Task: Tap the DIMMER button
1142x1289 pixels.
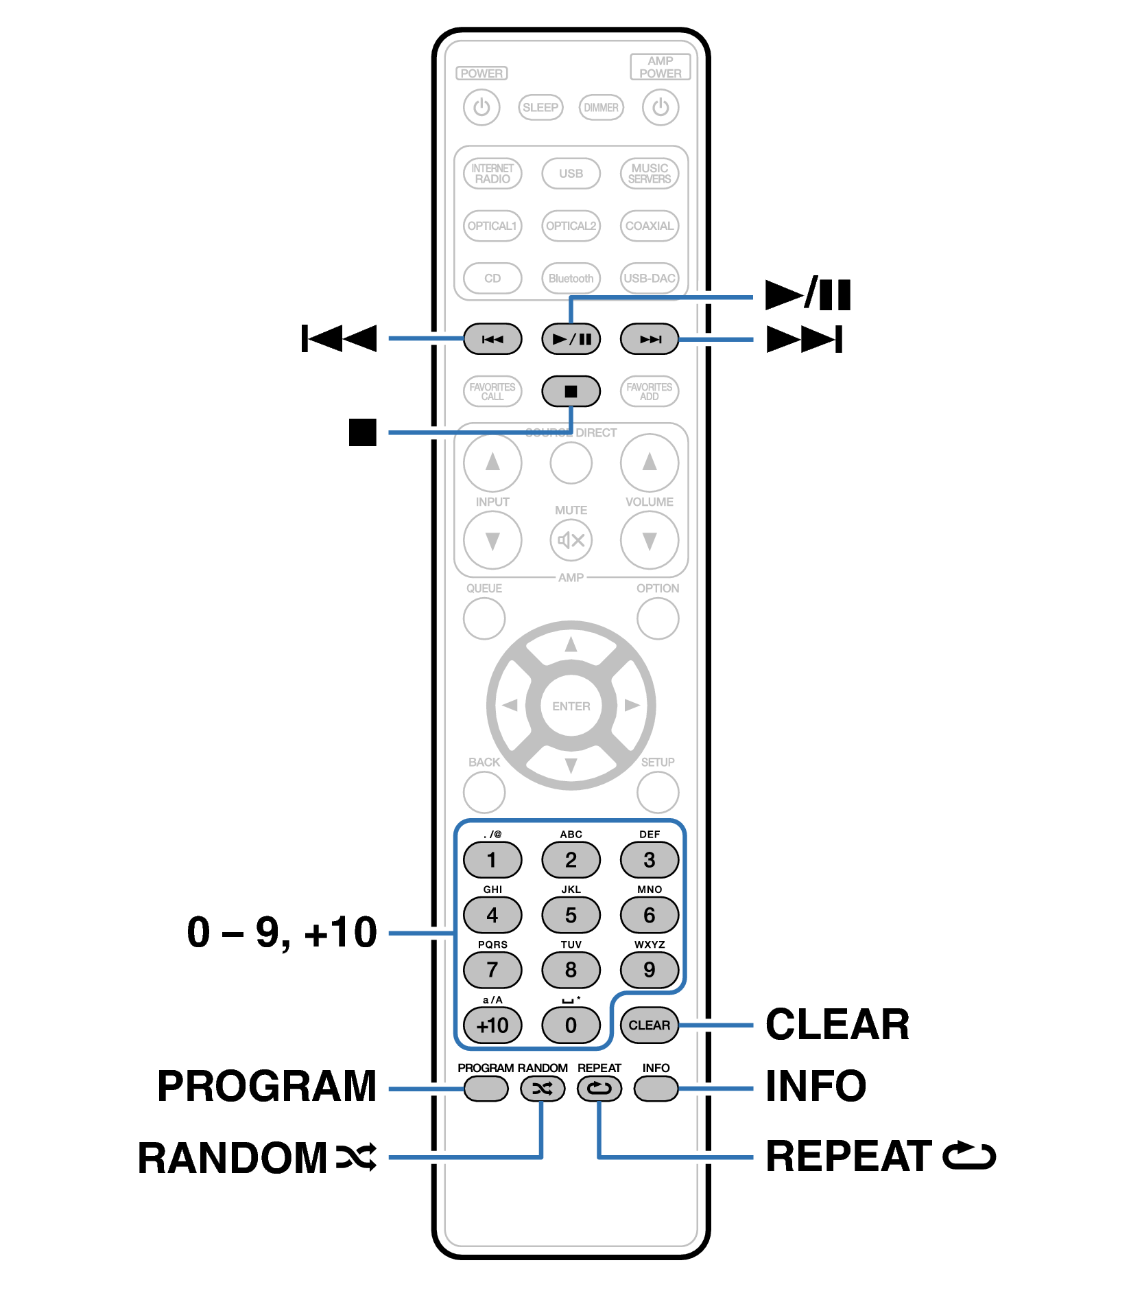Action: pyautogui.click(x=601, y=108)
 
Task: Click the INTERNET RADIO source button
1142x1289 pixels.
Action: pyautogui.click(x=492, y=174)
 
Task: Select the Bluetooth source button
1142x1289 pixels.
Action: pyautogui.click(x=571, y=278)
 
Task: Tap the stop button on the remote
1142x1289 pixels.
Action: pyautogui.click(x=571, y=391)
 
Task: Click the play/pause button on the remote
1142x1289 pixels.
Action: pyautogui.click(x=571, y=339)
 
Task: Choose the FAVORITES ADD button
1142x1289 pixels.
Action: pyautogui.click(x=649, y=391)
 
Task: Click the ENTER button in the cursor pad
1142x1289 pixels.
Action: pyautogui.click(x=571, y=706)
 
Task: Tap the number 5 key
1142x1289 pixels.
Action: pyautogui.click(x=571, y=915)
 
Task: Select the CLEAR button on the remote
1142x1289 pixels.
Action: pyautogui.click(x=649, y=1025)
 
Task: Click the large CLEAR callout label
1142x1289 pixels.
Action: pyautogui.click(x=837, y=1025)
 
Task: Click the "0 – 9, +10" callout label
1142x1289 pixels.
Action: pyautogui.click(x=282, y=932)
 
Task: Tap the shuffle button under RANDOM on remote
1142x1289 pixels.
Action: pyautogui.click(x=542, y=1089)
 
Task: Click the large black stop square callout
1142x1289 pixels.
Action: pyautogui.click(x=362, y=432)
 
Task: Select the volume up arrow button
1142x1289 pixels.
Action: pyautogui.click(x=649, y=463)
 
